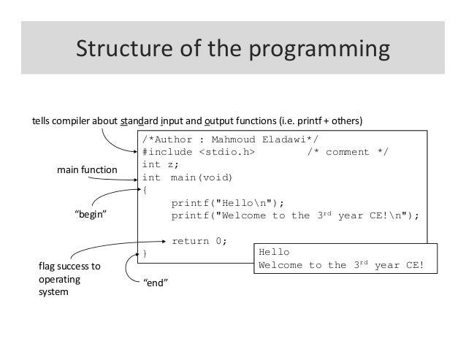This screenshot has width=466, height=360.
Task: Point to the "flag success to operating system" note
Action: [x=70, y=280]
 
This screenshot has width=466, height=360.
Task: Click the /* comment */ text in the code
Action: [x=347, y=151]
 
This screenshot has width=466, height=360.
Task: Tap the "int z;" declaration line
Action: [x=158, y=164]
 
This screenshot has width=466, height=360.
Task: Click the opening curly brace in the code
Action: [x=145, y=191]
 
